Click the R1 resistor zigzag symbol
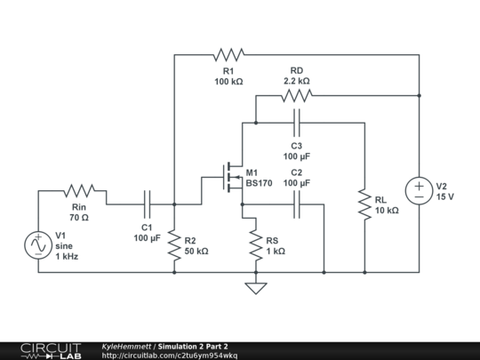pos(228,54)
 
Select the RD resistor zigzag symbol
pos(297,95)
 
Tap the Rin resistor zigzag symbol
pos(79,191)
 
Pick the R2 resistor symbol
pos(174,245)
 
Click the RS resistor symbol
pos(256,245)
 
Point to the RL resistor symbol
pos(364,204)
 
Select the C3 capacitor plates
pos(297,123)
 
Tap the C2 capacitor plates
pos(297,204)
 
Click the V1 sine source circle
pos(38,245)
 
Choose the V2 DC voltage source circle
pos(419,190)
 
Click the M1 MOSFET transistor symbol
pos(233,177)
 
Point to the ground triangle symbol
pos(256,288)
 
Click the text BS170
pos(259,183)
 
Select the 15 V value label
pos(445,196)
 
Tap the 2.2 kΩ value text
pos(297,81)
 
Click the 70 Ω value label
pos(79,218)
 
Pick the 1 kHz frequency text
pos(67,256)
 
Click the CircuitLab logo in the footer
pos(51,351)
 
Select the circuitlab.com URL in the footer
pos(169,356)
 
